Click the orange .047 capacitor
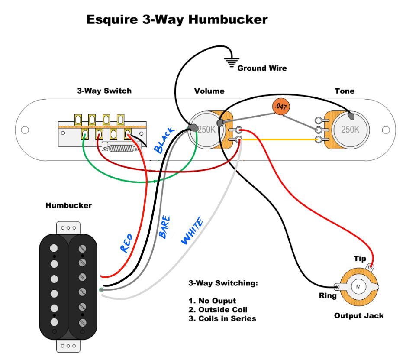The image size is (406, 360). click(x=281, y=107)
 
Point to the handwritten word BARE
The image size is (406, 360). click(x=164, y=227)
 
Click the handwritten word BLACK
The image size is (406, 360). click(x=164, y=140)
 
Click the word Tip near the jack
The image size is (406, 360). click(x=360, y=259)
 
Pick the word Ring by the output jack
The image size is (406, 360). click(x=328, y=296)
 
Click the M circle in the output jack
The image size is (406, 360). click(x=358, y=286)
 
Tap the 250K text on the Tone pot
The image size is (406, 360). click(x=350, y=129)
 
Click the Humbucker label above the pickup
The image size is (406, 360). click(x=68, y=205)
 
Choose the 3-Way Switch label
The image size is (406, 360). click(x=104, y=91)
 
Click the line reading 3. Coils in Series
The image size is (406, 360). click(x=222, y=319)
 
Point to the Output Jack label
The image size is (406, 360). click(x=359, y=315)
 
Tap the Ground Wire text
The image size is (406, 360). click(x=262, y=68)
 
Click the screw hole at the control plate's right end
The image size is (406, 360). click(x=385, y=130)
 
